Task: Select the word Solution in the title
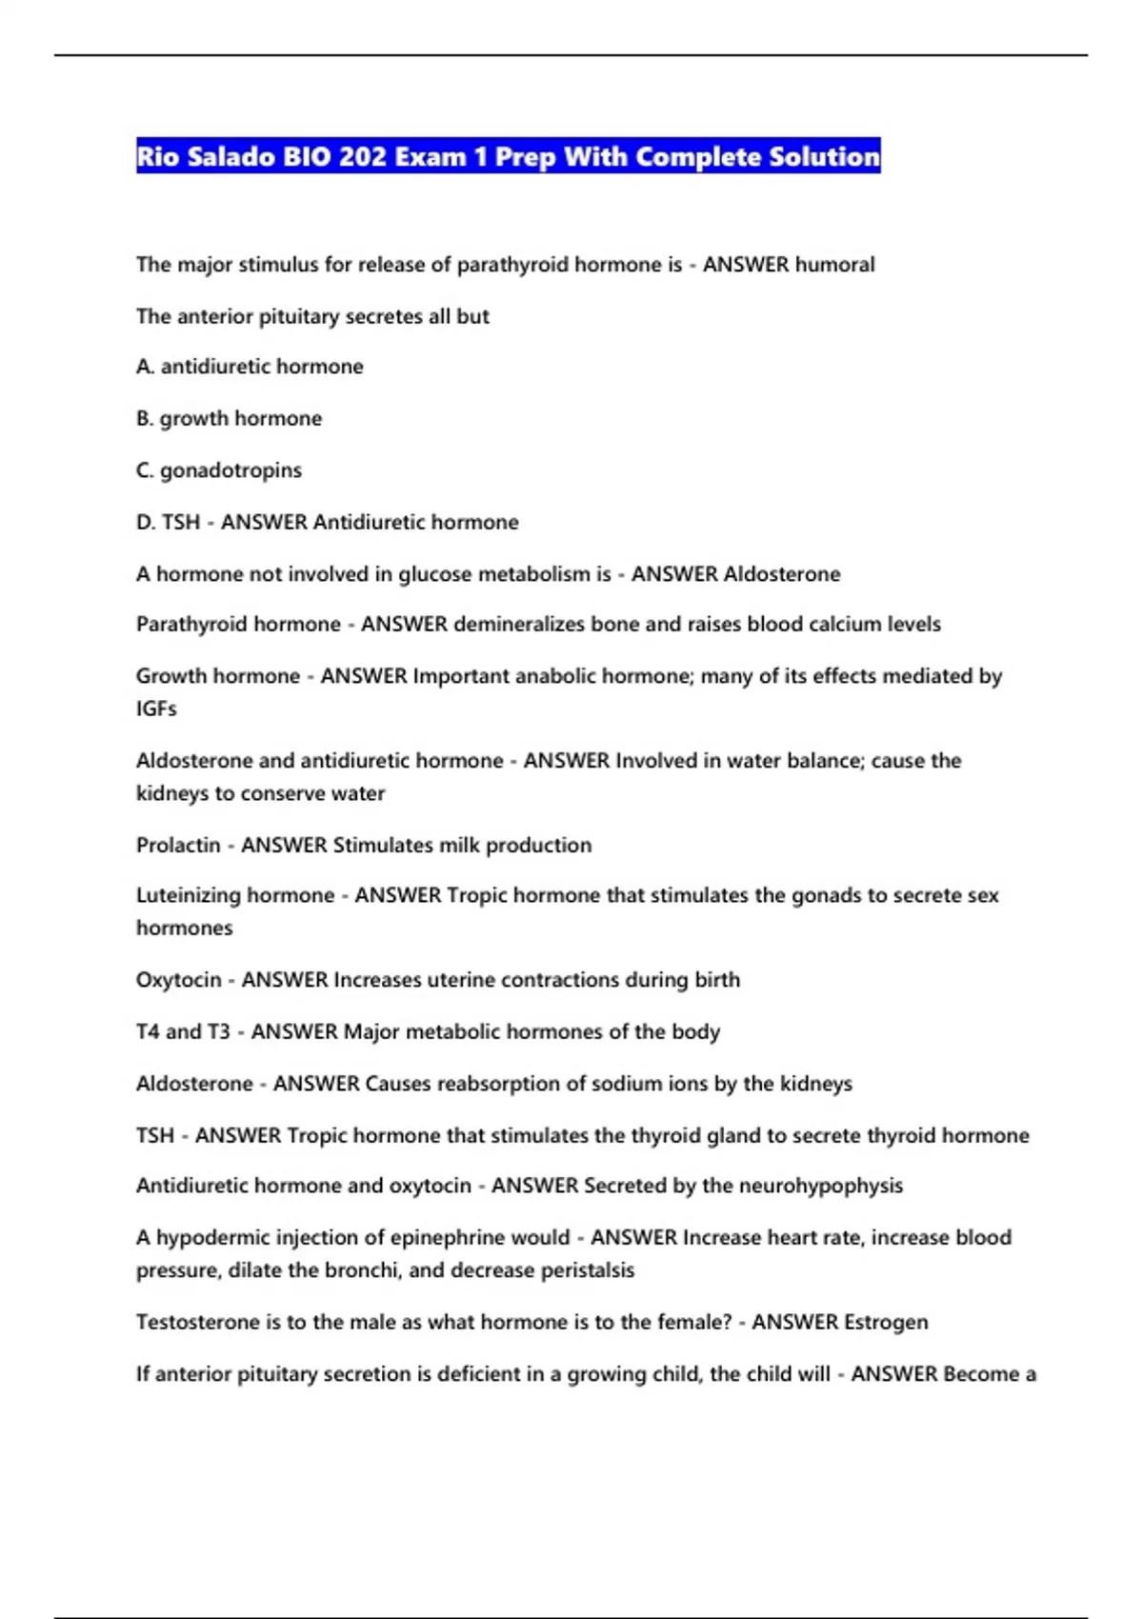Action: coord(824,156)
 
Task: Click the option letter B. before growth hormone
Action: coord(145,419)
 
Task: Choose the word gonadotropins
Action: coord(231,470)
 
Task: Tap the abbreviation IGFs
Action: coord(156,709)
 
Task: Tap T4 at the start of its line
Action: coord(148,1032)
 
